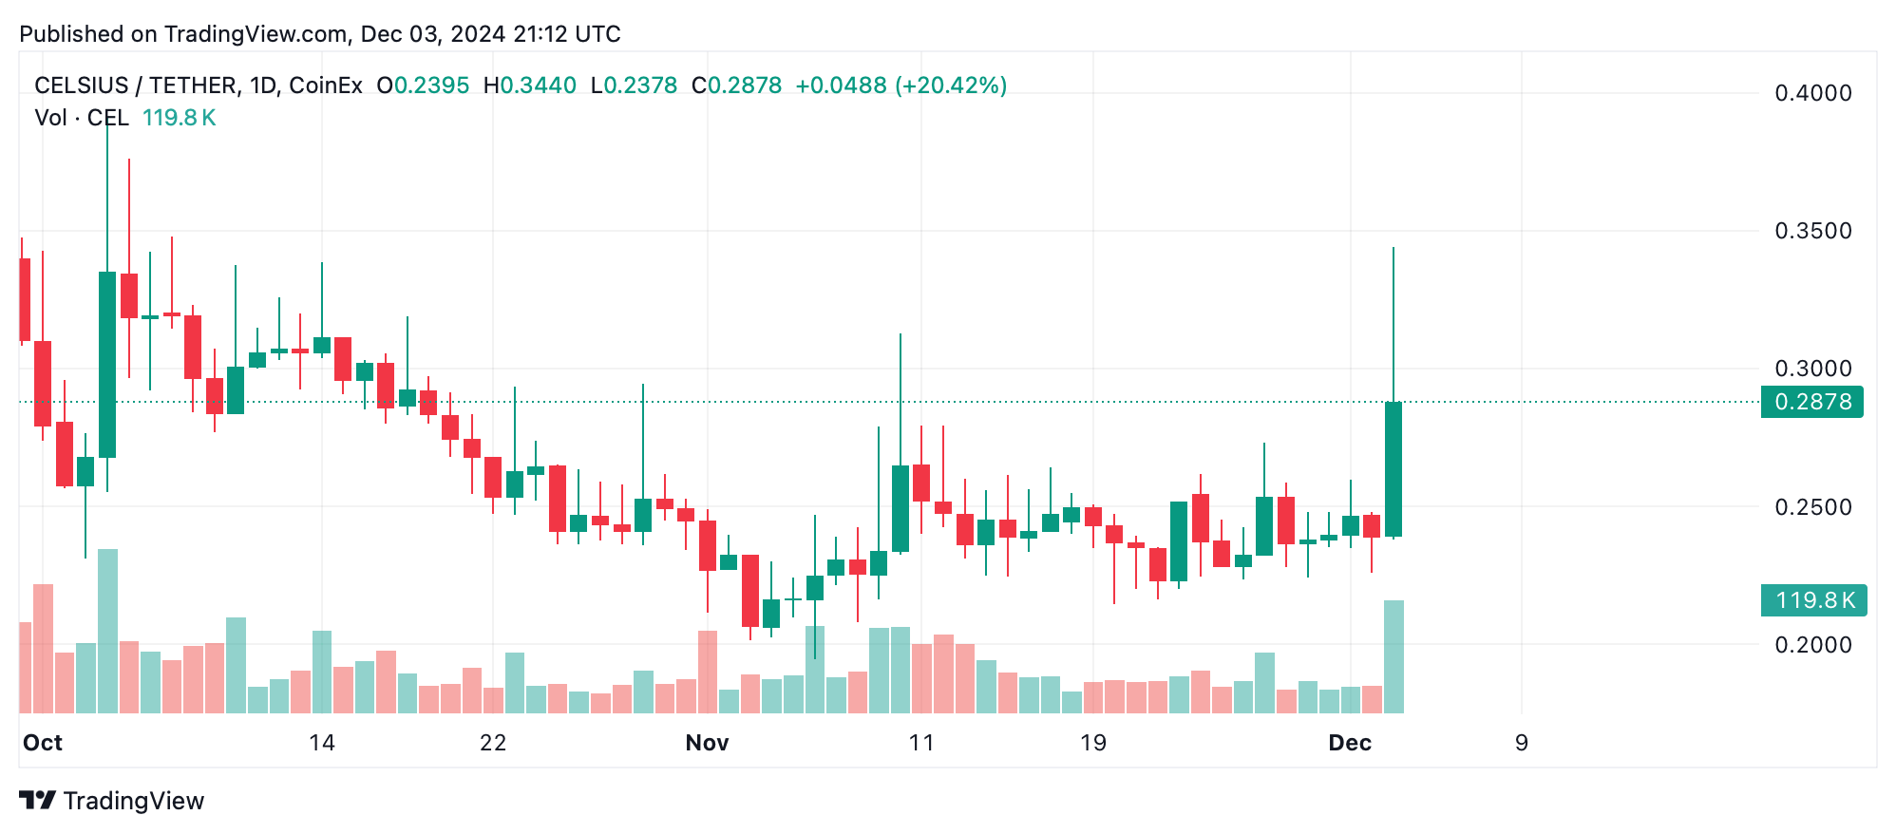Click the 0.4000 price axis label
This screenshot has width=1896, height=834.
pos(1812,93)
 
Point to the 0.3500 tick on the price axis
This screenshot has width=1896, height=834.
pos(1812,231)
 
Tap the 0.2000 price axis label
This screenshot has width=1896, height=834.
pos(1812,645)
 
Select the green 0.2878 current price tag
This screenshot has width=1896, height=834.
pos(1811,402)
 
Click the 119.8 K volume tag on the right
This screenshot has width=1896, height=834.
pos(1813,600)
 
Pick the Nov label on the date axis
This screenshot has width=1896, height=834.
pos(707,743)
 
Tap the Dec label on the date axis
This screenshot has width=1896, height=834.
pos(1350,743)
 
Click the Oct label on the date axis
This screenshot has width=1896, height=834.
pos(43,743)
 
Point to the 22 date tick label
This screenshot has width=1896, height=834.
pos(493,743)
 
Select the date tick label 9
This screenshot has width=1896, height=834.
pos(1521,743)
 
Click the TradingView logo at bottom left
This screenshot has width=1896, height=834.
pos(112,801)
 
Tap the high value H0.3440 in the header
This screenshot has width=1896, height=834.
pos(529,85)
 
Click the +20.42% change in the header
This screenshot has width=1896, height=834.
pos(950,85)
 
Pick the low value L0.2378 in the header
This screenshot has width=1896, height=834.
pos(634,85)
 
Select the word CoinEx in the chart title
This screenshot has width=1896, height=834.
pos(325,85)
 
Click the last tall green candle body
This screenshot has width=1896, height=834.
pos(1394,469)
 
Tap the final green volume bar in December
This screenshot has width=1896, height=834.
pos(1394,656)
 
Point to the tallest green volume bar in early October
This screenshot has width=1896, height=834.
pos(107,631)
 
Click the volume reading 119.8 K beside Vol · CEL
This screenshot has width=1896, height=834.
pos(179,118)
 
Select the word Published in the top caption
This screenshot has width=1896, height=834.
pos(72,34)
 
